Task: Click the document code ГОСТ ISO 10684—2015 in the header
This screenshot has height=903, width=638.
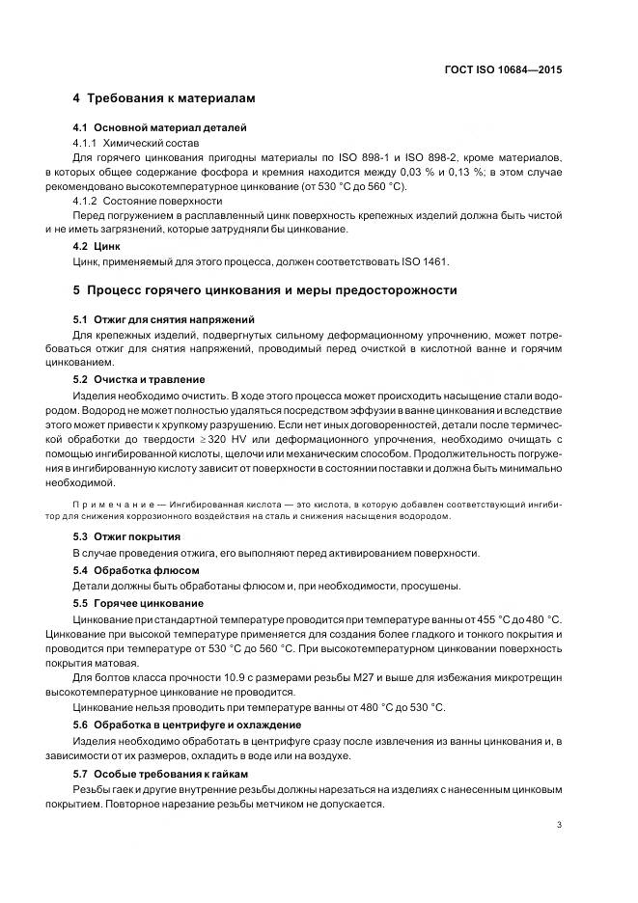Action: (x=504, y=69)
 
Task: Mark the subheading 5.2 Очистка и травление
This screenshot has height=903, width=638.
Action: (x=139, y=379)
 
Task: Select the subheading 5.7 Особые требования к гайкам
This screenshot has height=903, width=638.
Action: (x=161, y=774)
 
